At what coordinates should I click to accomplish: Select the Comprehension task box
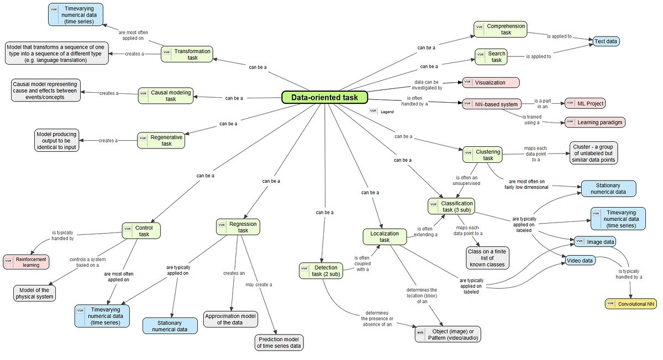(x=499, y=29)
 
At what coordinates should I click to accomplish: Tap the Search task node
(x=491, y=56)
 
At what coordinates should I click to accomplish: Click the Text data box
(x=606, y=41)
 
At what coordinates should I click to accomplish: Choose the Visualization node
(x=491, y=82)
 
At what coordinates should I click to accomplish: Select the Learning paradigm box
(x=594, y=122)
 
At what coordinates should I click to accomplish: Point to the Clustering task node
(x=482, y=155)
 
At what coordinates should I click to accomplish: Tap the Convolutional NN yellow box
(x=631, y=304)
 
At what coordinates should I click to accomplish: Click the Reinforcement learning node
(x=26, y=262)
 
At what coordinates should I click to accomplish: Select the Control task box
(x=141, y=231)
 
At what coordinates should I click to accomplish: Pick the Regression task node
(x=237, y=227)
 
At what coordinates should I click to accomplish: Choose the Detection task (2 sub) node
(x=320, y=271)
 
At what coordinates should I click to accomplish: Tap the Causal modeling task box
(x=165, y=96)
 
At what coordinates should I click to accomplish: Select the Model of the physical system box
(x=34, y=293)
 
